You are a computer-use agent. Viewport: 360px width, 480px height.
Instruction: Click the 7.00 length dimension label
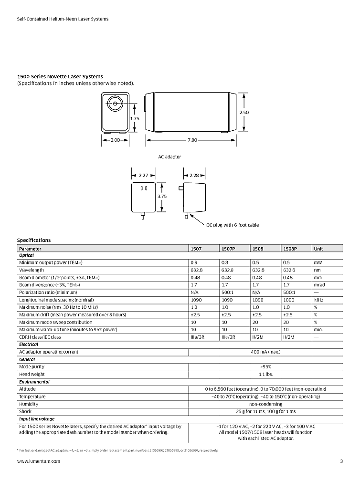(192, 140)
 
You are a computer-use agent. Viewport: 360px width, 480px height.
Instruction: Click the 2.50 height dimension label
(244, 112)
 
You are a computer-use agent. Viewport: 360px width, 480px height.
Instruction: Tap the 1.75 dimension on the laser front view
(135, 118)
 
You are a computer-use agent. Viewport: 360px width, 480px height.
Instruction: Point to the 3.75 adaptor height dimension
(162, 196)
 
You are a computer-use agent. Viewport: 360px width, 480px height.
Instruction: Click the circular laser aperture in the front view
(115, 102)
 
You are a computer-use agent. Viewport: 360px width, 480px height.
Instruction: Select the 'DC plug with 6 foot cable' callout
(233, 225)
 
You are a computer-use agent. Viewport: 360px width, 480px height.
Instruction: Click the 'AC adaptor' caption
(169, 157)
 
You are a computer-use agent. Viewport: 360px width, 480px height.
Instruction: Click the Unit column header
(318, 249)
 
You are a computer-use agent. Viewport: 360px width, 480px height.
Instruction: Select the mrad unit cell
(319, 285)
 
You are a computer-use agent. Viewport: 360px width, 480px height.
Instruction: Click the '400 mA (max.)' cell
(265, 352)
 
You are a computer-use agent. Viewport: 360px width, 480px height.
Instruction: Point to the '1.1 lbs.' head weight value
(265, 374)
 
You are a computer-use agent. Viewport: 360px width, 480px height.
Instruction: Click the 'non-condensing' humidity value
(265, 404)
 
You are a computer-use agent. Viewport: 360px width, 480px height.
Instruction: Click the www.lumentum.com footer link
(39, 461)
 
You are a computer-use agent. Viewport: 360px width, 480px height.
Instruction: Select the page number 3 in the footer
(341, 461)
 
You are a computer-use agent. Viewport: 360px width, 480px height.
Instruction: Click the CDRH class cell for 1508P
(290, 337)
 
